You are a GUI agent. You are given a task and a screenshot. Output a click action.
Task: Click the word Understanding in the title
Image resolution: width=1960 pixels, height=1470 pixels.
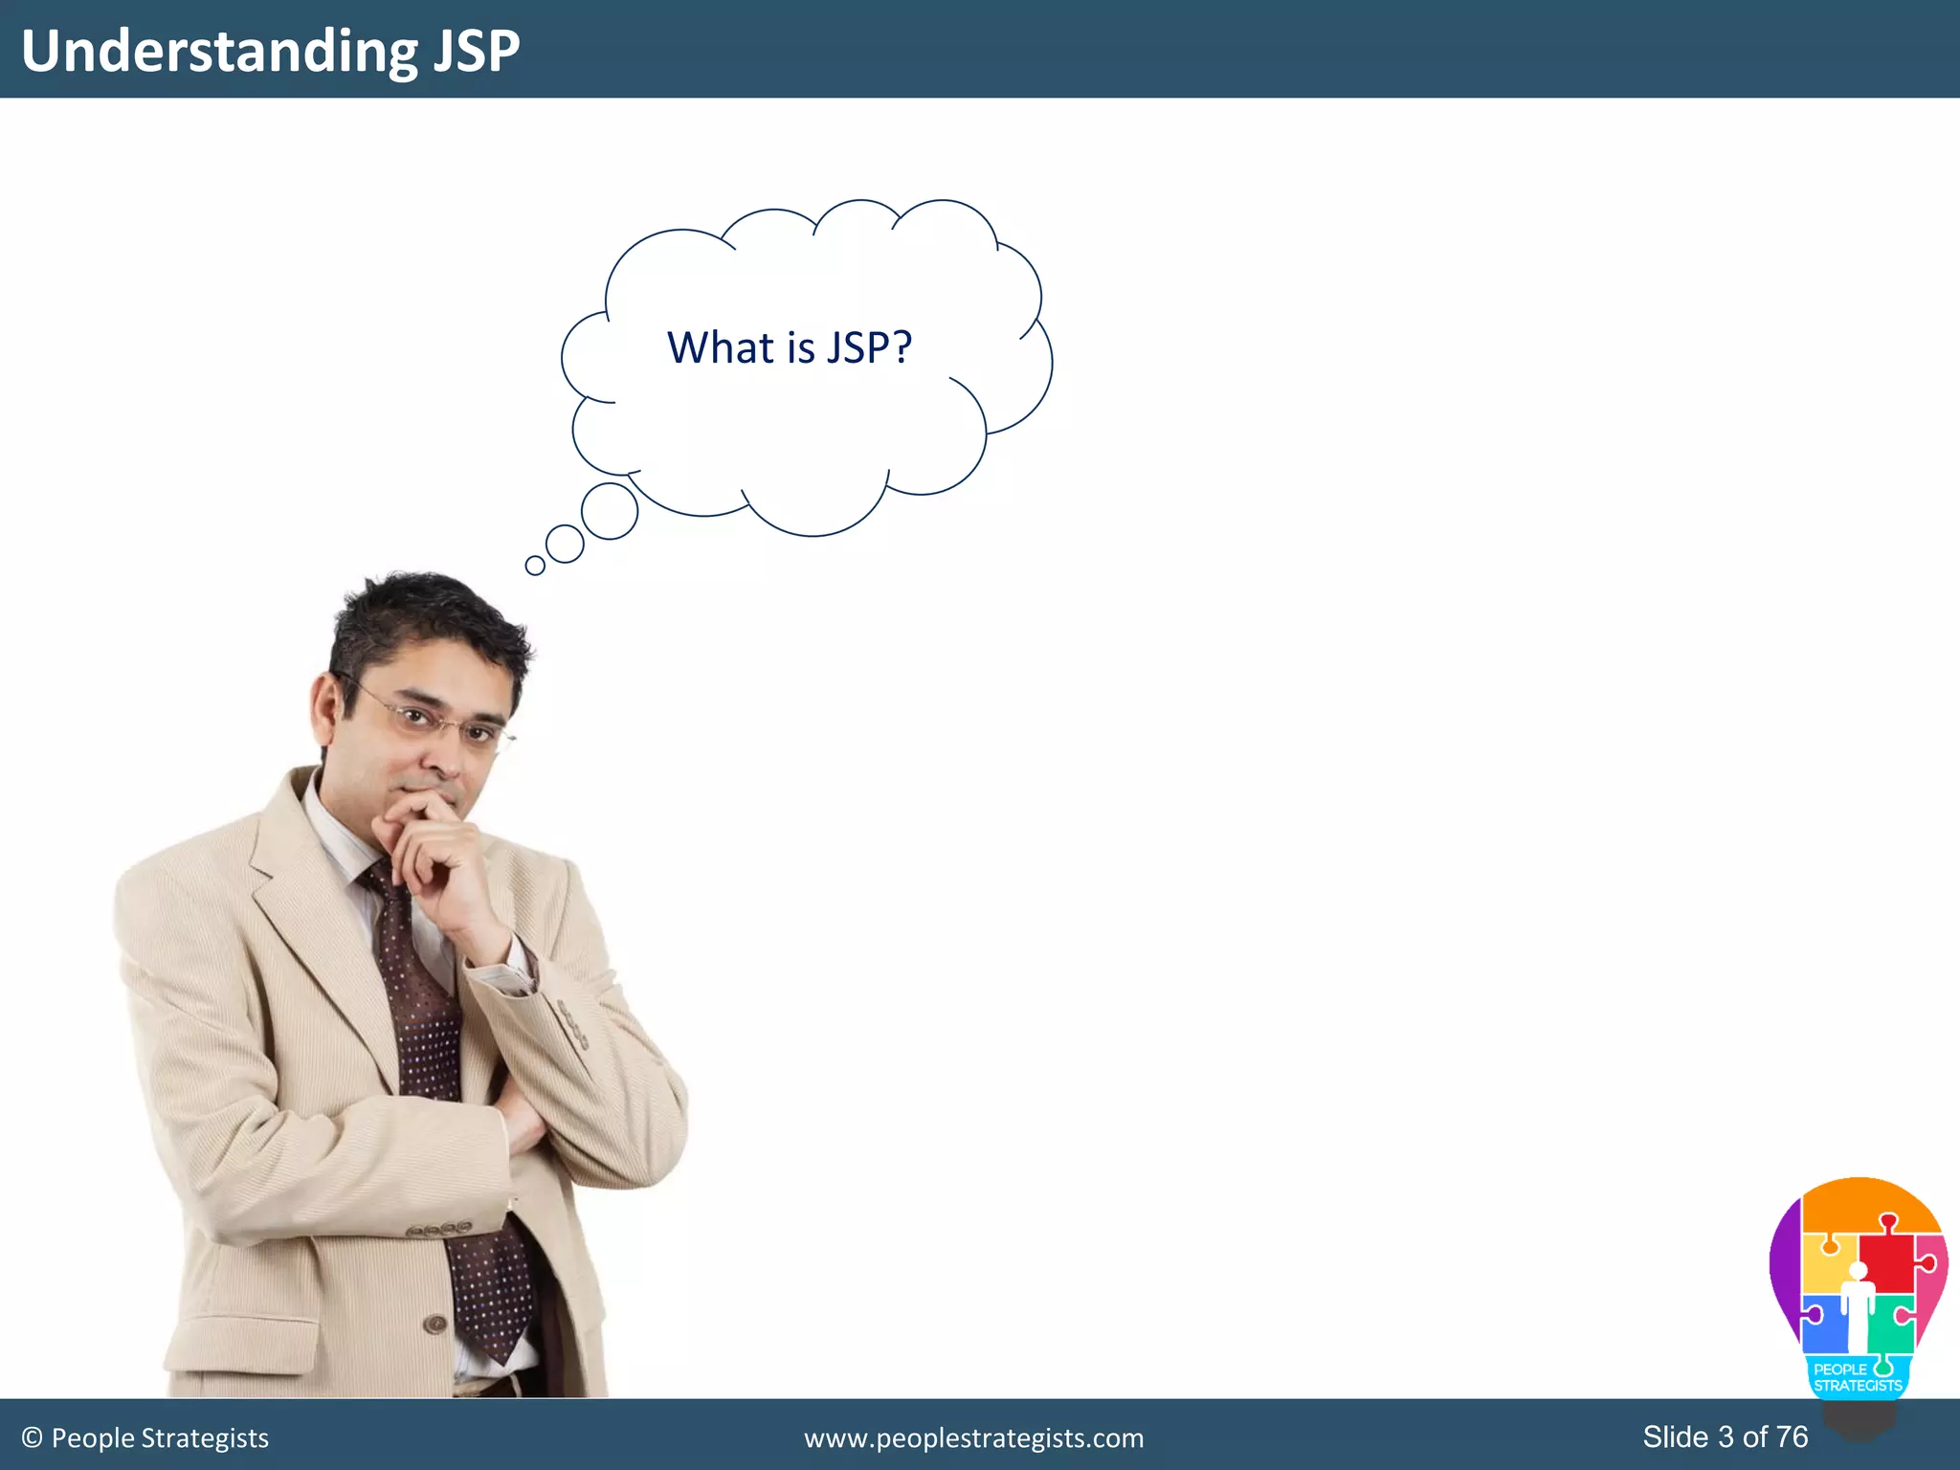219,51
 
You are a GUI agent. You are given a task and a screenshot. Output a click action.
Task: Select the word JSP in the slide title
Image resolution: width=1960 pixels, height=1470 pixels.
476,51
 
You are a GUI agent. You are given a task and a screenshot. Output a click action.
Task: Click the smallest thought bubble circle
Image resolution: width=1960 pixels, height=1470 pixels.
535,566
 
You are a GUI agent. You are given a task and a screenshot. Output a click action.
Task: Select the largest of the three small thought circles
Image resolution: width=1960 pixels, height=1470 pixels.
610,511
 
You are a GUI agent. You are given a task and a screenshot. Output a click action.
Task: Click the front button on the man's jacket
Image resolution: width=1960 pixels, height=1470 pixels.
435,1324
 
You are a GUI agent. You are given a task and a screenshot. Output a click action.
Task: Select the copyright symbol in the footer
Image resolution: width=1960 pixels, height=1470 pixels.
33,1438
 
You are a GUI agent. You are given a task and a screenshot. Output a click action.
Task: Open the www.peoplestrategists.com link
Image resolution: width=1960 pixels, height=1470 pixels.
973,1438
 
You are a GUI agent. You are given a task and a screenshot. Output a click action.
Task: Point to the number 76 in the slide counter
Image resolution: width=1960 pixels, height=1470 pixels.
1792,1437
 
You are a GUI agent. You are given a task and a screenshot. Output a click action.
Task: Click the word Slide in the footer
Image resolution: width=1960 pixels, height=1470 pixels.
1675,1437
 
